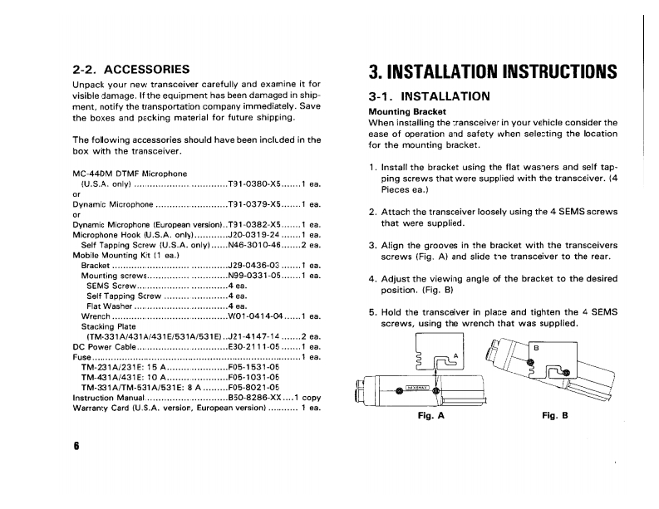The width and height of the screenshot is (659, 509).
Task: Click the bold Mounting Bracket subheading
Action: [x=407, y=112]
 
